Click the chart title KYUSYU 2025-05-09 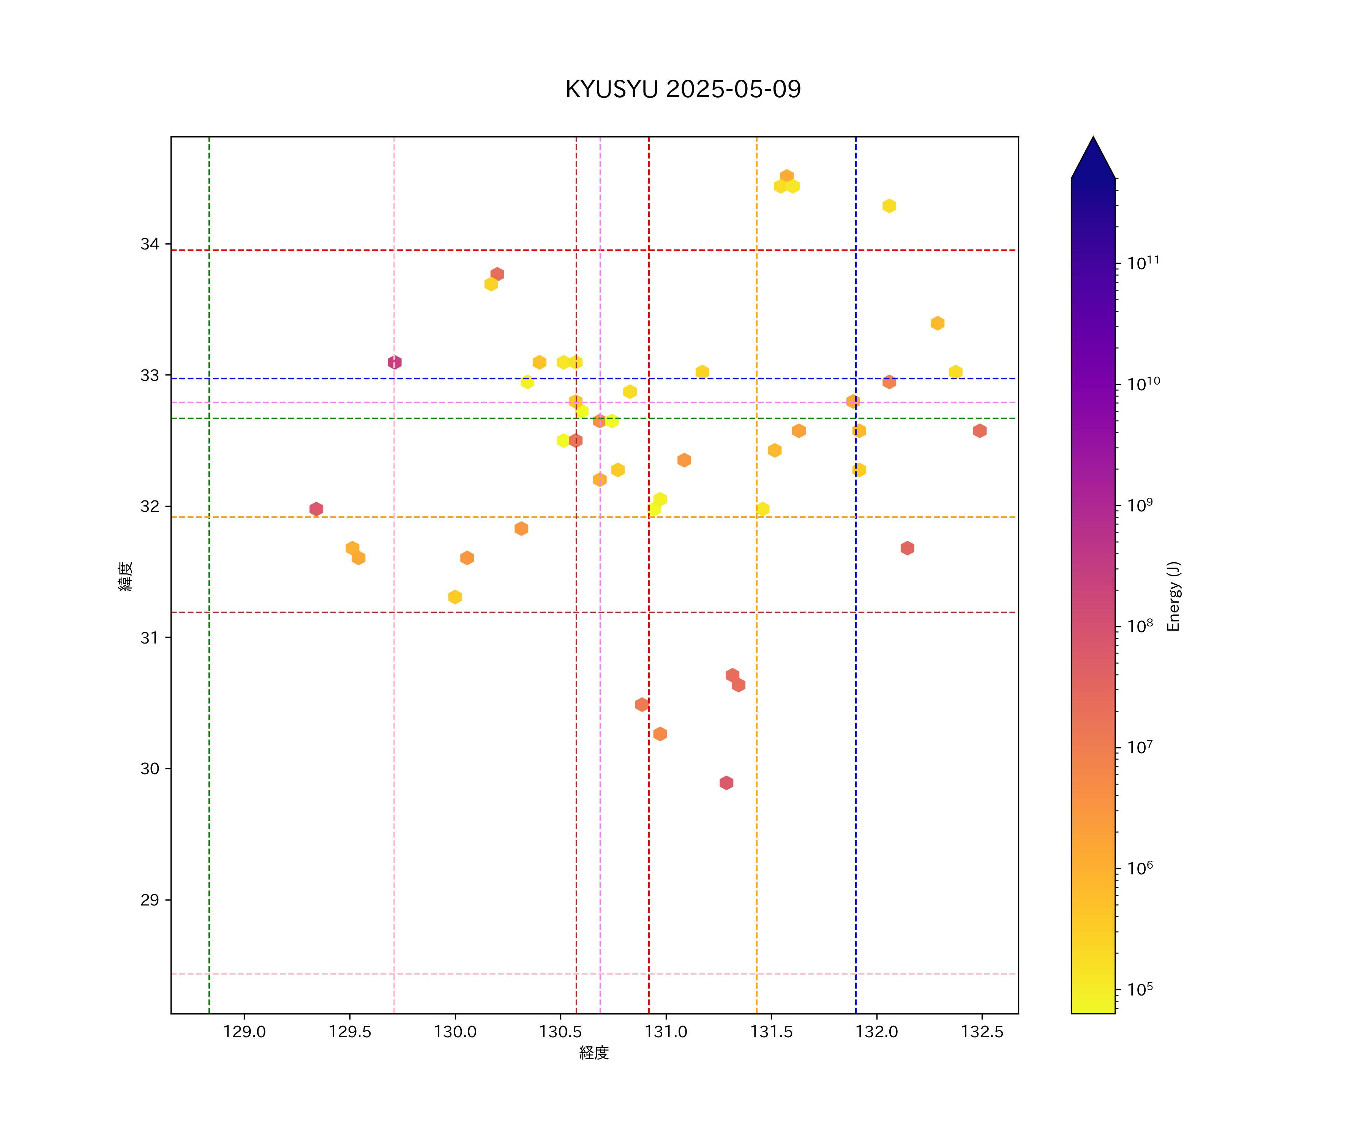point(683,89)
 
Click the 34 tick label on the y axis point(150,244)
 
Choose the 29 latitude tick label point(150,900)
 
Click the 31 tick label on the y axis point(150,638)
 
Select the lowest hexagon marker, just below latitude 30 point(726,783)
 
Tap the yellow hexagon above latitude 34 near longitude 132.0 point(889,206)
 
